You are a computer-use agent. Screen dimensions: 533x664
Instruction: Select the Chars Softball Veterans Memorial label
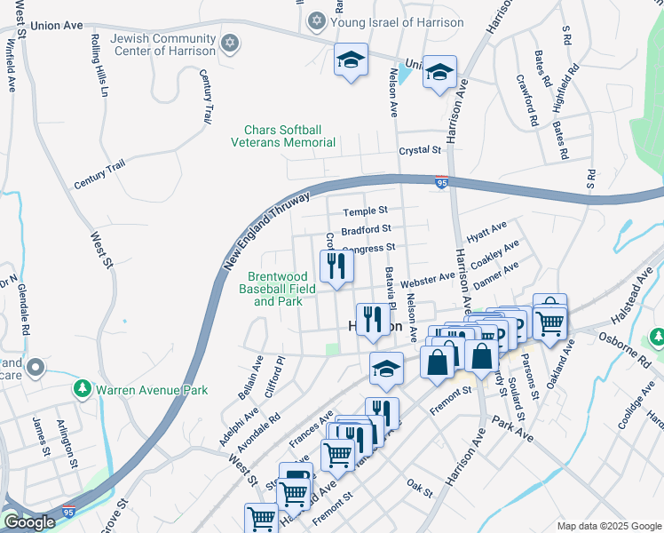point(283,136)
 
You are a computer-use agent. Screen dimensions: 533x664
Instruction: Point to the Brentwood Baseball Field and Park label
point(278,289)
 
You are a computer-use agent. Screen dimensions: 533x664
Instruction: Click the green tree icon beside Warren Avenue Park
point(83,389)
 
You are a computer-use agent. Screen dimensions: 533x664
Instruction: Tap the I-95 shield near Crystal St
point(442,183)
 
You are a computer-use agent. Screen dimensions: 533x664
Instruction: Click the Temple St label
point(367,211)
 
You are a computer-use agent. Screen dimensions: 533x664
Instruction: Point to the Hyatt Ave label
point(486,233)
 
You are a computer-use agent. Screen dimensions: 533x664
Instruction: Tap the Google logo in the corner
point(28,522)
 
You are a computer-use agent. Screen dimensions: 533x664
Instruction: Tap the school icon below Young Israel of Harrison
point(351,61)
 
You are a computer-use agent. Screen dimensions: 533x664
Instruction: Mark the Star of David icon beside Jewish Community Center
point(230,43)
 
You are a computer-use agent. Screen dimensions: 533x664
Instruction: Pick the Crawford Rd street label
point(527,99)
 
